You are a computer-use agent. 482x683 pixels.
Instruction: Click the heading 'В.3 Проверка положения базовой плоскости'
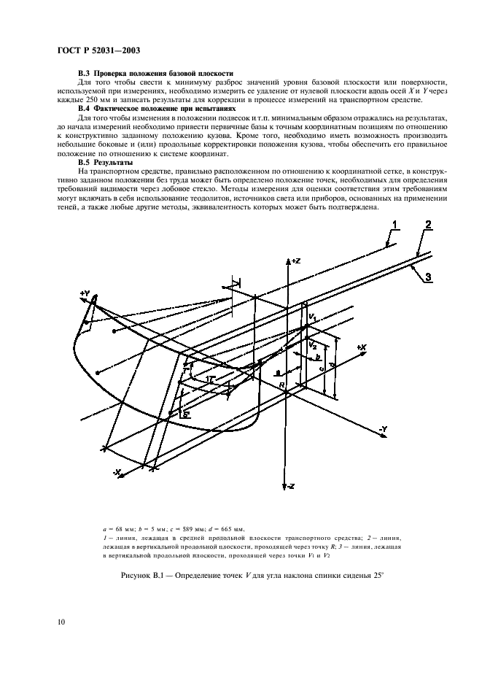pyautogui.click(x=155, y=74)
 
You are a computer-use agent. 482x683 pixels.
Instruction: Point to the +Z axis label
pyautogui.click(x=295, y=260)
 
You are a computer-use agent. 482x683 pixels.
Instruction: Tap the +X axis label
pyautogui.click(x=360, y=348)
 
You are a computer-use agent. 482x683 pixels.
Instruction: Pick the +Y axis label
pyautogui.click(x=85, y=294)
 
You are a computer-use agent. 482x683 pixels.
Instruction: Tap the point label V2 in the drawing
pyautogui.click(x=311, y=344)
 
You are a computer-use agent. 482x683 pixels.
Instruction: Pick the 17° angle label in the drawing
pyautogui.click(x=209, y=379)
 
